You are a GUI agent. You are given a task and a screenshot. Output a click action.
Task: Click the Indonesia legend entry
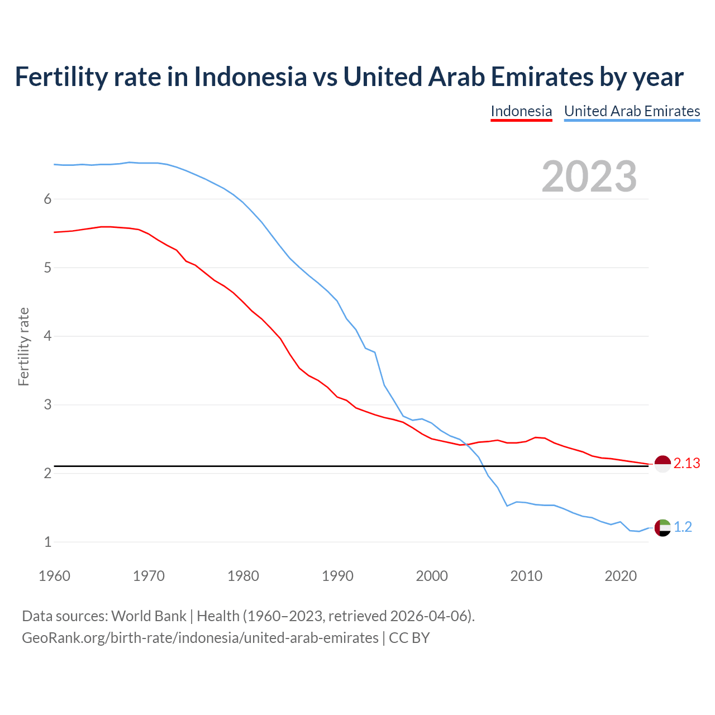pyautogui.click(x=521, y=111)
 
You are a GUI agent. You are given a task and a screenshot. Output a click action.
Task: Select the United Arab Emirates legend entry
pyautogui.click(x=632, y=111)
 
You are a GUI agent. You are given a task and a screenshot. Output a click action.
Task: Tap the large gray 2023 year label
pyautogui.click(x=589, y=177)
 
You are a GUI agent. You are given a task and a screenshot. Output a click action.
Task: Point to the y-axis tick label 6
pyautogui.click(x=47, y=199)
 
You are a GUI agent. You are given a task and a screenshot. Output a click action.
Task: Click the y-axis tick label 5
pyautogui.click(x=47, y=268)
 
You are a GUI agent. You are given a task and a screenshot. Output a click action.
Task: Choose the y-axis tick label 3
pyautogui.click(x=47, y=405)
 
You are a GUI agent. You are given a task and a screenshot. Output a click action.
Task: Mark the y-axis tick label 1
pyautogui.click(x=47, y=542)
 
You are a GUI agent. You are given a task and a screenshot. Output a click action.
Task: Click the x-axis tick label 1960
pyautogui.click(x=54, y=576)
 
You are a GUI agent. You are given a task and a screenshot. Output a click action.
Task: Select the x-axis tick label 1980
pyautogui.click(x=243, y=576)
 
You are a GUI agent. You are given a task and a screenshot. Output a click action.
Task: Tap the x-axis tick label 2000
pyautogui.click(x=432, y=576)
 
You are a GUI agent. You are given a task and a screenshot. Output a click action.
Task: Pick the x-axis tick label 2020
pyautogui.click(x=621, y=576)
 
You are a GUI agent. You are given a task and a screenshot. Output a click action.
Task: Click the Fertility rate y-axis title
pyautogui.click(x=23, y=346)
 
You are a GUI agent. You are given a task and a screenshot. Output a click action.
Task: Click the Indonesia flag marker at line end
pyautogui.click(x=662, y=464)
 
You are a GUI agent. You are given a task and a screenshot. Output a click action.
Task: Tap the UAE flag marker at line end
pyautogui.click(x=662, y=527)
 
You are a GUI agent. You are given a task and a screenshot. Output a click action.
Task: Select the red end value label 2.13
pyautogui.click(x=687, y=464)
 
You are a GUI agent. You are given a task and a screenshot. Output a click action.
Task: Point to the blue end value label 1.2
pyautogui.click(x=683, y=527)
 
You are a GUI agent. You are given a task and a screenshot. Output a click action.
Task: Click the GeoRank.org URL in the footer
pyautogui.click(x=200, y=638)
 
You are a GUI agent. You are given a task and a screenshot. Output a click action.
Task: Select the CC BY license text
pyautogui.click(x=409, y=638)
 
